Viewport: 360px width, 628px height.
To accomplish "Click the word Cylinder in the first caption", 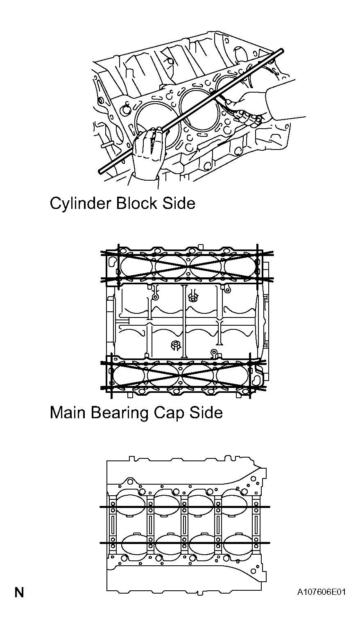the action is (x=80, y=204).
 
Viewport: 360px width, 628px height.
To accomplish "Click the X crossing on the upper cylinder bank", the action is (x=187, y=267).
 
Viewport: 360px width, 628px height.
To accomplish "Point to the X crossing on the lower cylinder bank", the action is (x=179, y=375).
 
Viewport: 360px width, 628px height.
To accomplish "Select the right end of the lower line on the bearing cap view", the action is (x=269, y=543).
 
